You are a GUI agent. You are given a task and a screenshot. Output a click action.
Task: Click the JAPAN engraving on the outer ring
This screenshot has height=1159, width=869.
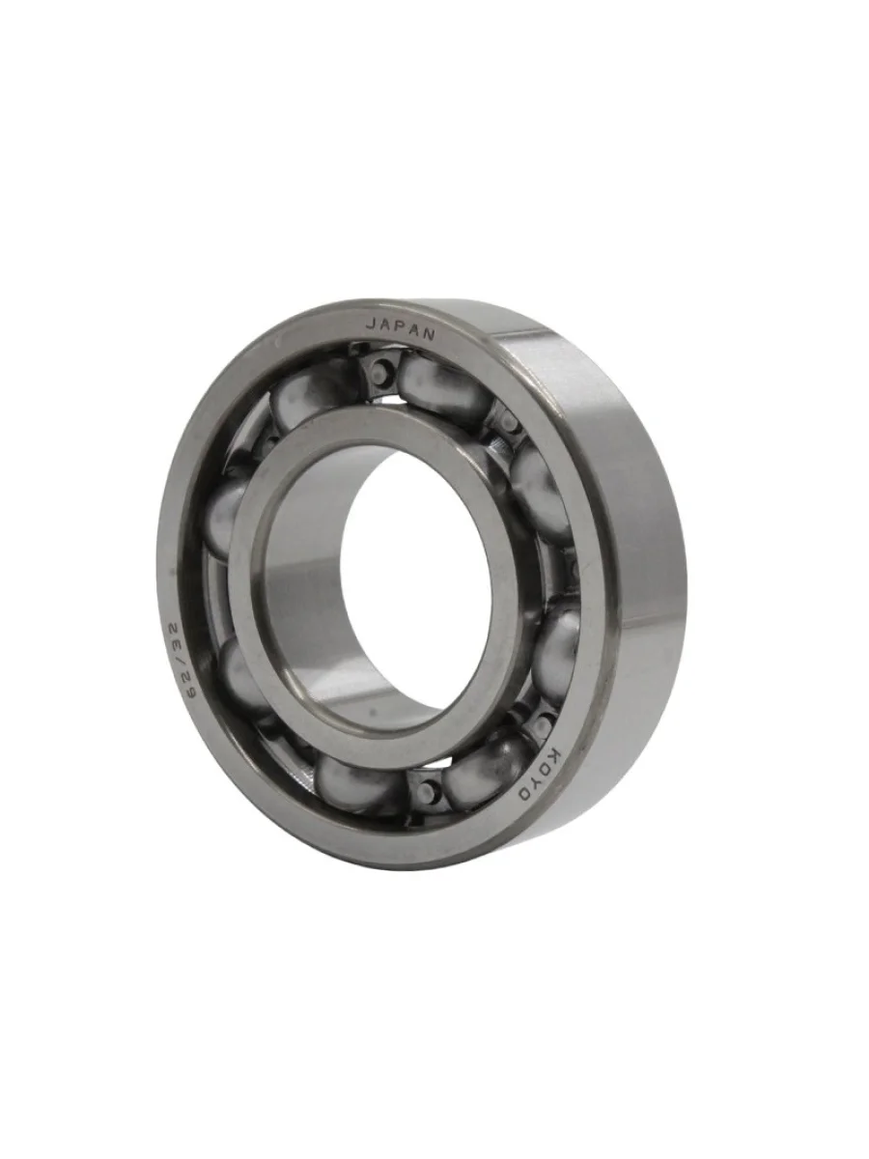pyautogui.click(x=401, y=330)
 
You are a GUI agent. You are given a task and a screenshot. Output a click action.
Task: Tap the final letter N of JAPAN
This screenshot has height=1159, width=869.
pyautogui.click(x=429, y=335)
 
